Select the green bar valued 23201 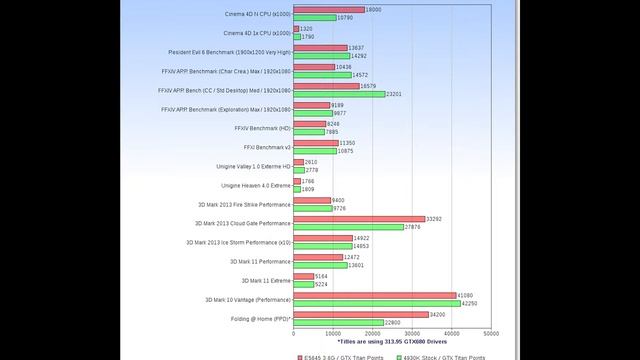[x=338, y=93]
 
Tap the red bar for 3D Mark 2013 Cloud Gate [x=358, y=219]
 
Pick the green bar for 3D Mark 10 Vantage [x=376, y=303]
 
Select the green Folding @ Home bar [x=338, y=322]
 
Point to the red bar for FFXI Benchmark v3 [x=315, y=143]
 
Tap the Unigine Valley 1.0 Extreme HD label [x=253, y=166]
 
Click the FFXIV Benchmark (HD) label [x=264, y=128]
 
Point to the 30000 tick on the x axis [x=411, y=334]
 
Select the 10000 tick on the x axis [x=332, y=334]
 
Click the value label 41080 [x=465, y=295]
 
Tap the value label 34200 [x=438, y=314]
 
